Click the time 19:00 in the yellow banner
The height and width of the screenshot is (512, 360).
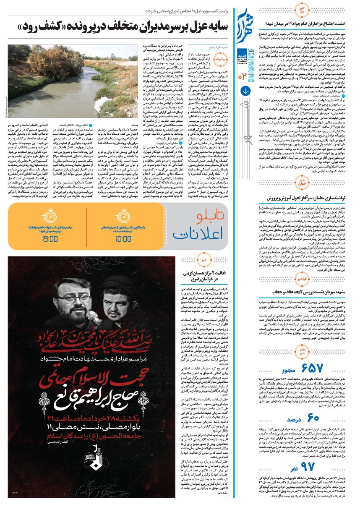point(50,239)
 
